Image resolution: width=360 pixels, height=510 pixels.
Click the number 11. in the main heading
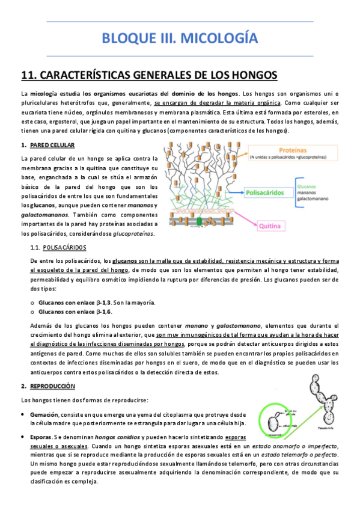(29, 75)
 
